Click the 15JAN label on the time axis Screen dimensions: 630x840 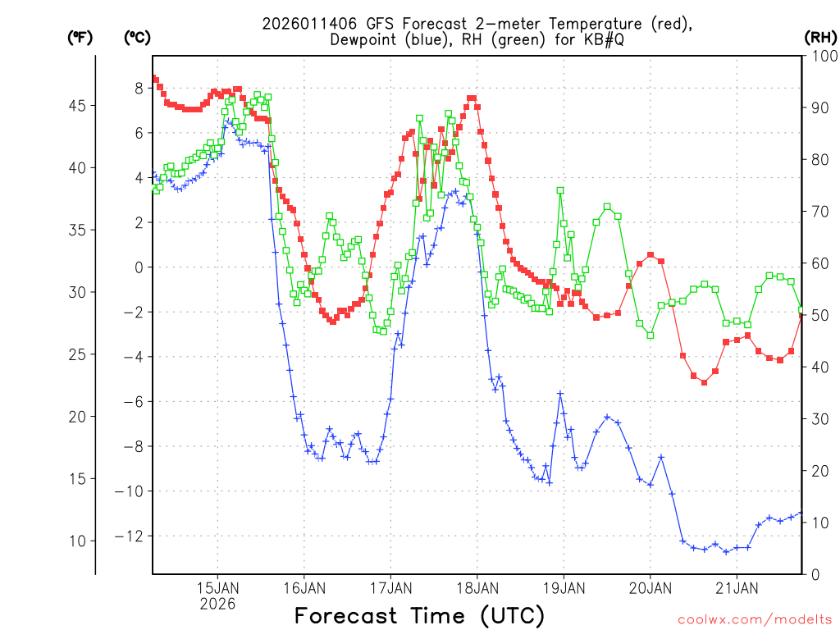[x=217, y=588]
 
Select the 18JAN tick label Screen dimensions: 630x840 [x=477, y=588]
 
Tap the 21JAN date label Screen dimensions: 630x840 [x=737, y=588]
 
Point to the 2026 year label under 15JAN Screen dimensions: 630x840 [x=217, y=604]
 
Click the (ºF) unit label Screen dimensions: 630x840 [x=80, y=38]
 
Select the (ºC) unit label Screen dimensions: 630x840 [x=137, y=38]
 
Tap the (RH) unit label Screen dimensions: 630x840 [x=819, y=38]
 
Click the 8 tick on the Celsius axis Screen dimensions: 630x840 [x=139, y=88]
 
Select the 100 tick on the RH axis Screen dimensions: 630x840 [x=820, y=56]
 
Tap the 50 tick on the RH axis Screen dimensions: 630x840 [x=817, y=315]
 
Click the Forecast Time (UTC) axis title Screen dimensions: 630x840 [x=419, y=615]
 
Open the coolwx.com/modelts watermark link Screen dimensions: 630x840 [x=755, y=619]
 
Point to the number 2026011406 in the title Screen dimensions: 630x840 [x=315, y=24]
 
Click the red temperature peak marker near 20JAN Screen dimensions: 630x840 [x=651, y=255]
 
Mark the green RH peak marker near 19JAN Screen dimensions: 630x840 [x=560, y=190]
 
